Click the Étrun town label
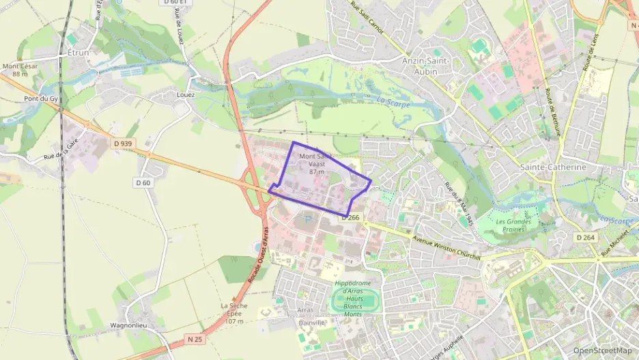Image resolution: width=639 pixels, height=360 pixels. pyautogui.click(x=79, y=52)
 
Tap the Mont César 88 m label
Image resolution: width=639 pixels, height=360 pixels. pyautogui.click(x=20, y=70)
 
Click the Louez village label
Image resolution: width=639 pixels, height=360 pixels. pyautogui.click(x=186, y=95)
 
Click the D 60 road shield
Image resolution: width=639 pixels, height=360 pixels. pyautogui.click(x=143, y=182)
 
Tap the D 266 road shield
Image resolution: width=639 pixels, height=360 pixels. pyautogui.click(x=351, y=217)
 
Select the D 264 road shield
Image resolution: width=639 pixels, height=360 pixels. pyautogui.click(x=585, y=237)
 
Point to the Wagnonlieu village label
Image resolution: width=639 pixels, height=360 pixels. pyautogui.click(x=128, y=326)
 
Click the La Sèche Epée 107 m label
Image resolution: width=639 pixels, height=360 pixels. pyautogui.click(x=234, y=314)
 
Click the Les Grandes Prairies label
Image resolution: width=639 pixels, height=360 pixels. pyautogui.click(x=513, y=225)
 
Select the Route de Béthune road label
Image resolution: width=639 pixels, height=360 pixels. pyautogui.click(x=552, y=112)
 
